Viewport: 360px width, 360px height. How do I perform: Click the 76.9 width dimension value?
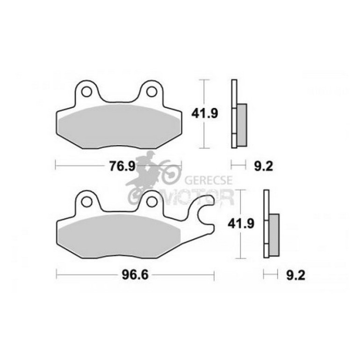[x=122, y=166]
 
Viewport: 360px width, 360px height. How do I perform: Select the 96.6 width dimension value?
[x=135, y=275]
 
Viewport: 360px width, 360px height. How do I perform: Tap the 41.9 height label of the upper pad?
[x=205, y=114]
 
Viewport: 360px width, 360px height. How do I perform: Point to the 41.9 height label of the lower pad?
[x=241, y=223]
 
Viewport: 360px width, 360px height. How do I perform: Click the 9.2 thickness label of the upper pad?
[x=264, y=166]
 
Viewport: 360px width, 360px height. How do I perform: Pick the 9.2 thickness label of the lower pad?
[x=295, y=275]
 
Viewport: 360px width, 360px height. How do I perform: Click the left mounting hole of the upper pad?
[x=86, y=92]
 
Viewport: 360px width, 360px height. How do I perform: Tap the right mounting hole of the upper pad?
[x=151, y=92]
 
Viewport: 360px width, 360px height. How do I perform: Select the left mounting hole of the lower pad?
[x=86, y=202]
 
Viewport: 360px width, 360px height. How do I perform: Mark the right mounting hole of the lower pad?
[x=151, y=202]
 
